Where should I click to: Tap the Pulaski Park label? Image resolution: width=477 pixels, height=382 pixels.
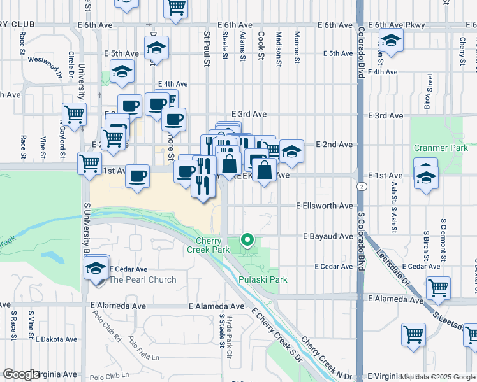tap(263, 279)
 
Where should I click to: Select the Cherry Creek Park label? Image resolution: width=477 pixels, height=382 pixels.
tap(208, 245)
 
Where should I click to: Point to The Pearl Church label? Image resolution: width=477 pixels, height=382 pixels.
tap(143, 279)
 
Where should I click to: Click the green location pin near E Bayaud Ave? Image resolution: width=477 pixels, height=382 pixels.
tap(247, 240)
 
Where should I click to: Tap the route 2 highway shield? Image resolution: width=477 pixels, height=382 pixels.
tap(362, 187)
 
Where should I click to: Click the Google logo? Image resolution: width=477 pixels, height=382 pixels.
tap(20, 374)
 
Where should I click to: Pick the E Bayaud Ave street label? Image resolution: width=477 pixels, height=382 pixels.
tap(328, 236)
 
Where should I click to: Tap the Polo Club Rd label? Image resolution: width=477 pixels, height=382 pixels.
tap(106, 325)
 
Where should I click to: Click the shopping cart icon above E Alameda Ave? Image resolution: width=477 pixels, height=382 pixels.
tap(438, 288)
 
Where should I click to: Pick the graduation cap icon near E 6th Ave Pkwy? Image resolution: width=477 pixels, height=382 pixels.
tap(391, 42)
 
